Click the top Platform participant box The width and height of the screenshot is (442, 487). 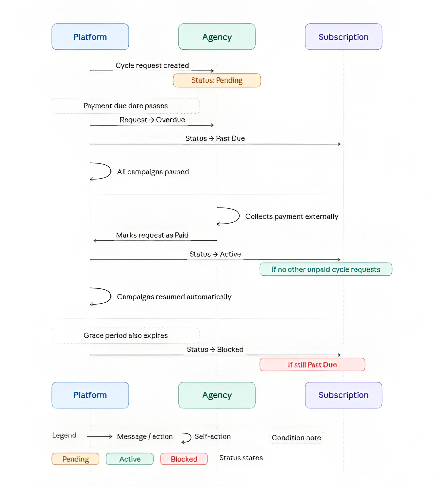coord(90,37)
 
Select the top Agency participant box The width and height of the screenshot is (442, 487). coord(217,37)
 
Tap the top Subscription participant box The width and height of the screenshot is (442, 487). coord(343,37)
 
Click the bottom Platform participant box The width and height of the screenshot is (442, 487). coord(90,395)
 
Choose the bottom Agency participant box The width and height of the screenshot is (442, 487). coord(217,395)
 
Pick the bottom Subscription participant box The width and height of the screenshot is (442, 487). coord(343,395)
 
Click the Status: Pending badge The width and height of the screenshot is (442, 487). coord(217,80)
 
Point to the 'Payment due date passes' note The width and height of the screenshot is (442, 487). coord(126,106)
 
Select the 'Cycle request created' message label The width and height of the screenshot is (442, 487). coord(152,65)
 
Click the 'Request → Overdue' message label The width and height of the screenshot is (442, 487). coord(152,120)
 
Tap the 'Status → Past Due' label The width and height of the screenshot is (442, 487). coord(215,138)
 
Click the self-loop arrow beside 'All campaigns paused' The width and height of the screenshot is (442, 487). coord(102,171)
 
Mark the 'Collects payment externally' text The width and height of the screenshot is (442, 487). coord(291,216)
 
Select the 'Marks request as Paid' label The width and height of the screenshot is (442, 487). coord(152,235)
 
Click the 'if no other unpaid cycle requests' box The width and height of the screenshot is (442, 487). coord(325,269)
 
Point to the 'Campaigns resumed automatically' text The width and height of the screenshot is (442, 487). coord(174,297)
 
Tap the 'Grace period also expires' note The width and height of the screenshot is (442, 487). coord(126,335)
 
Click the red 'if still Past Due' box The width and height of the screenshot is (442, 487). coord(312,365)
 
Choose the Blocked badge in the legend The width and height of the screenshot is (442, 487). coord(184,459)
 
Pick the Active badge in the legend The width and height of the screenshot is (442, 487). coord(130,459)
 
